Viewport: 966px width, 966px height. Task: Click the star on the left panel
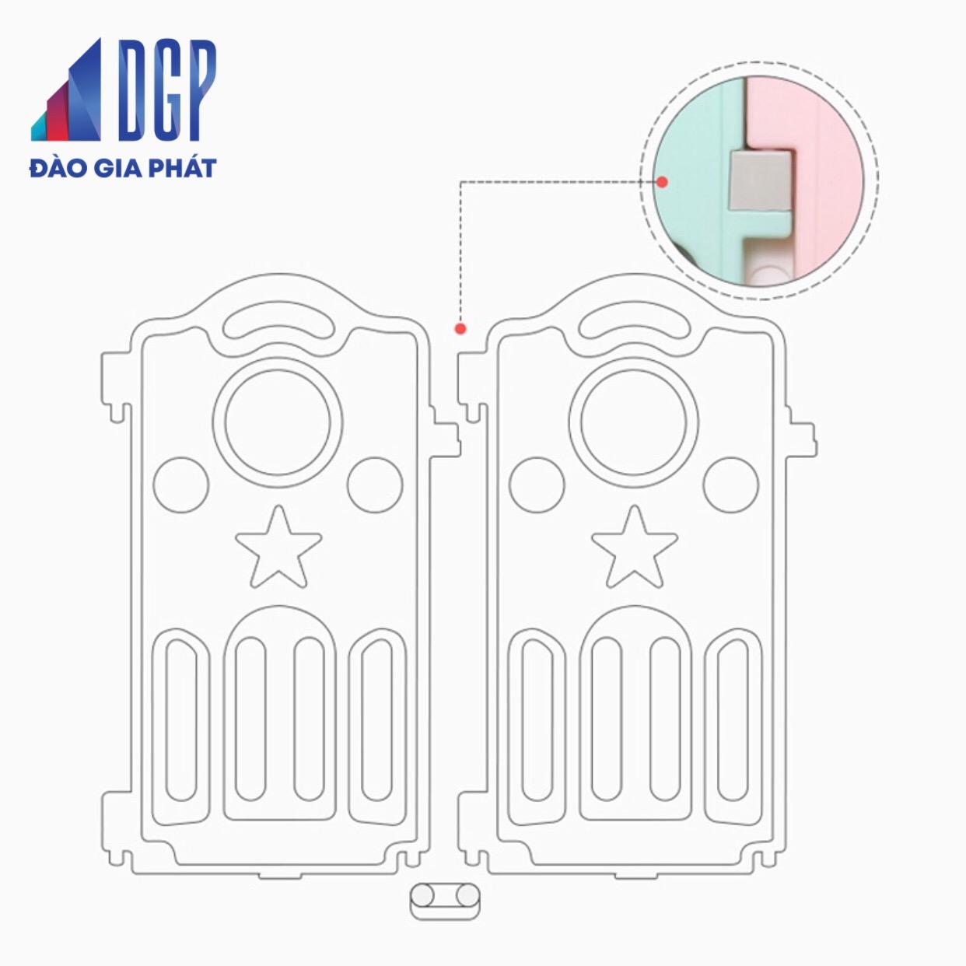click(278, 547)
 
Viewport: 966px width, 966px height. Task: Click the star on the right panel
click(634, 547)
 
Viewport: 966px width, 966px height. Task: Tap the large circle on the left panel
click(278, 422)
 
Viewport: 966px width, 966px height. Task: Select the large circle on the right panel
click(634, 422)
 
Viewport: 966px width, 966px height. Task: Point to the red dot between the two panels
click(460, 329)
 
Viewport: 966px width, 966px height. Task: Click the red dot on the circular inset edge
click(662, 182)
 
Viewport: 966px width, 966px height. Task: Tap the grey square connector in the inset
click(761, 180)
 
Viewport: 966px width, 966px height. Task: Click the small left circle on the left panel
click(181, 485)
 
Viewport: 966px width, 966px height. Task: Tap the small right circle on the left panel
click(374, 485)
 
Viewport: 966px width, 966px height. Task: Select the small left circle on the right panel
click(537, 485)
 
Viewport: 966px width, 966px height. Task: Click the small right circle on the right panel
click(730, 485)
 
